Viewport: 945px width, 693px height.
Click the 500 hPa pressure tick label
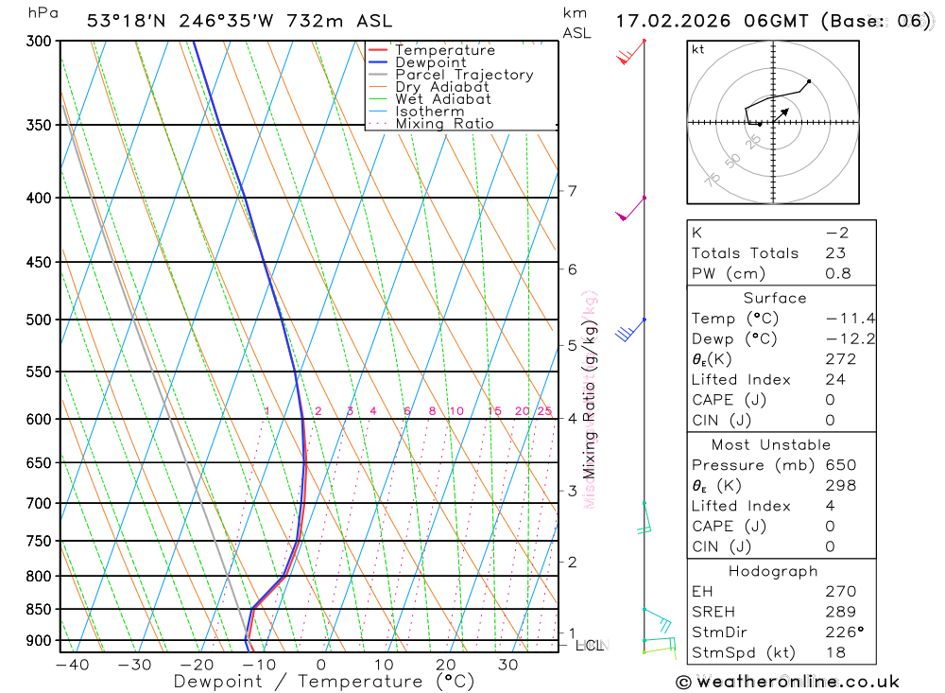coord(37,320)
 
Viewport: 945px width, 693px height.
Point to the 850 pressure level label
coord(37,609)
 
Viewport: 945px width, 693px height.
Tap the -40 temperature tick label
coord(72,665)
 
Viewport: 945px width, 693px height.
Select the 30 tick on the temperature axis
coord(507,665)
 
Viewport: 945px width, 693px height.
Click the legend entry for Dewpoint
coord(430,62)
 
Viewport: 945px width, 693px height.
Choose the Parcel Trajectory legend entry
coord(464,75)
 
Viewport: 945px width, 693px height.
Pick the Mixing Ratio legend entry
coord(444,124)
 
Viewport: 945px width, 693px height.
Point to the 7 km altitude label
coord(573,191)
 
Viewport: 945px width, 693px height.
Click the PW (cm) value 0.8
coord(838,274)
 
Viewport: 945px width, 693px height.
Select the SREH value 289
coord(839,612)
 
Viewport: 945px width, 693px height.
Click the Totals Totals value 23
coord(835,253)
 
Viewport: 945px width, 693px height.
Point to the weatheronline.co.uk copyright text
coord(787,682)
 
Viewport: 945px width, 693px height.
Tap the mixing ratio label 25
coord(544,411)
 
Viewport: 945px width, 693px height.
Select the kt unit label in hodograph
coord(697,49)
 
